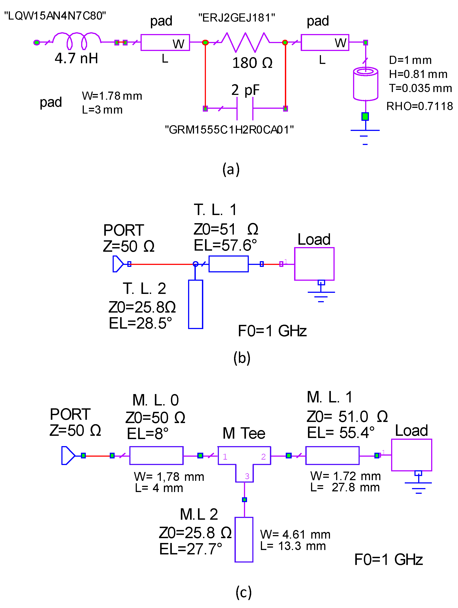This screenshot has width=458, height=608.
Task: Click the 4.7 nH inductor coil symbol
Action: [77, 41]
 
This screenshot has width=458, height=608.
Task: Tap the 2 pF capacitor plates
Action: [245, 108]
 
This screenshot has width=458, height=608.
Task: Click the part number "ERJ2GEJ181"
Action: [236, 18]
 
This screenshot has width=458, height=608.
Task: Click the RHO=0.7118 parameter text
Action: [419, 106]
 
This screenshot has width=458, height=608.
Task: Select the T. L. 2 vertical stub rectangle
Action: [195, 304]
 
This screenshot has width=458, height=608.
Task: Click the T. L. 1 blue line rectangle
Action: [228, 264]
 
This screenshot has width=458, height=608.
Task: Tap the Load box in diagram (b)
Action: [314, 264]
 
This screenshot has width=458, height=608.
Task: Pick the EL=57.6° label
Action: [225, 245]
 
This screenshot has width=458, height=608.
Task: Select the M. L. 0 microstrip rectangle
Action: [156, 455]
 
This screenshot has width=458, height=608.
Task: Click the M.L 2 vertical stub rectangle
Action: [244, 539]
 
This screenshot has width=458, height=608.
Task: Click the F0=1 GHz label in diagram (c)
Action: [388, 560]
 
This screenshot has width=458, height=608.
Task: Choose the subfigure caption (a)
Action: [231, 169]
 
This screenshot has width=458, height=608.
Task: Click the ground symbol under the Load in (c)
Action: [418, 485]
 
